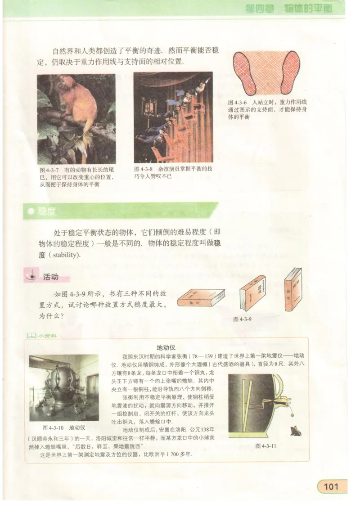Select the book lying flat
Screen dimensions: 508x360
pos(201,298)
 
